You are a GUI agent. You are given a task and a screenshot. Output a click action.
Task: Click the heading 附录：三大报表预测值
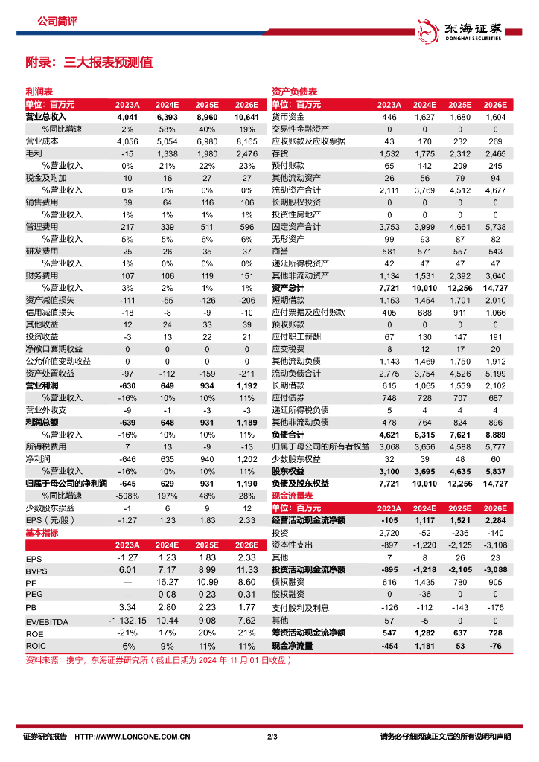(x=89, y=63)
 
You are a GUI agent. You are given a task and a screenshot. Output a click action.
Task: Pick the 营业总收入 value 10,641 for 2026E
(x=246, y=117)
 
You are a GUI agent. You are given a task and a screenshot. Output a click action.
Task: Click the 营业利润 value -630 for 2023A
(x=127, y=385)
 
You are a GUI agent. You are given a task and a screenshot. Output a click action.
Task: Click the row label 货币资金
(x=287, y=117)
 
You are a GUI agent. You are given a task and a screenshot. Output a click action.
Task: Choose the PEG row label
(x=34, y=595)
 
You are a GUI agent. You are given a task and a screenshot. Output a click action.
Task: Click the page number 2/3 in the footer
(x=272, y=737)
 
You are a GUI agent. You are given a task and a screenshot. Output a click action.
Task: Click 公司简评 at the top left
(x=57, y=22)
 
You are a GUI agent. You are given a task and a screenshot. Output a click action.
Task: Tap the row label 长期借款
(x=287, y=385)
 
